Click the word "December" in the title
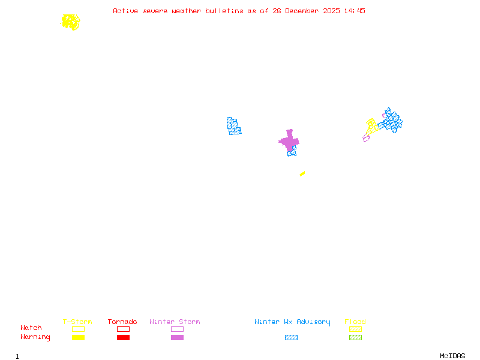[302, 11]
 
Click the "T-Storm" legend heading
[77, 322]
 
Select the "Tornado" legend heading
[122, 322]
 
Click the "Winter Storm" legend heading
[175, 322]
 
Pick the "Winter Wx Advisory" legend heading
[292, 322]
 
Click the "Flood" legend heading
[355, 322]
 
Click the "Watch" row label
[31, 328]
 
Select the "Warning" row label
[35, 337]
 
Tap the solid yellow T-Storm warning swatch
[78, 338]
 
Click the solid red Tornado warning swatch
[123, 338]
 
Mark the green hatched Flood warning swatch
[355, 338]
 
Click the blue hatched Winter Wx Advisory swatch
[291, 338]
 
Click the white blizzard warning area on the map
[280, 150]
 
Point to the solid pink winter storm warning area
[290, 141]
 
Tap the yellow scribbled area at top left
[70, 22]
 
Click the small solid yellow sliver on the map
[302, 173]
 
